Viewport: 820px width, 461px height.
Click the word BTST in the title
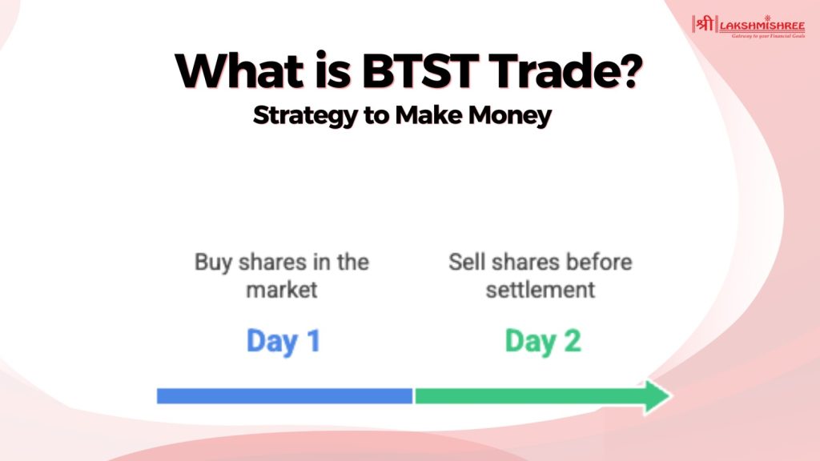420,70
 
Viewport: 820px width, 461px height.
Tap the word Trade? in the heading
567,70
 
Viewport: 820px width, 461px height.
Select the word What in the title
239,70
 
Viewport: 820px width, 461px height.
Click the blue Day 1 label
283,341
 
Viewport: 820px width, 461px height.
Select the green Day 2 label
543,341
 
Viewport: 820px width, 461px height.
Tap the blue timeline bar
284,396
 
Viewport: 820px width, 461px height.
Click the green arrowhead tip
671,396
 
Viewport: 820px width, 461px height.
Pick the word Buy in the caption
213,263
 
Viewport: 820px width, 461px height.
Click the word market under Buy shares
282,290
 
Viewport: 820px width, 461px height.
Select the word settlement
541,290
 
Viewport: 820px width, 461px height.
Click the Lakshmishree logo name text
762,26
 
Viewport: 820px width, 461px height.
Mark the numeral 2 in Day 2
572,341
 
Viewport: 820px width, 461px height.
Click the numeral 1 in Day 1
314,341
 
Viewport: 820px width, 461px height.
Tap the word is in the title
333,70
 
